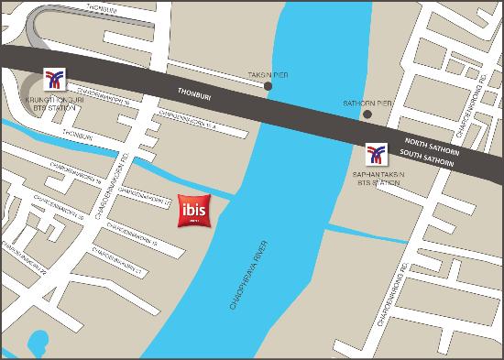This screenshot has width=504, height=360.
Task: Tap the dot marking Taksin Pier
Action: [268, 87]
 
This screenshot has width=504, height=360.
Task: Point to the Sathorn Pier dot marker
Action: [367, 115]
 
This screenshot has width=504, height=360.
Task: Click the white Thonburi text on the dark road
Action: [191, 93]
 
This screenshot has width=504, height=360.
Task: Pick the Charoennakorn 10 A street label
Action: [190, 119]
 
